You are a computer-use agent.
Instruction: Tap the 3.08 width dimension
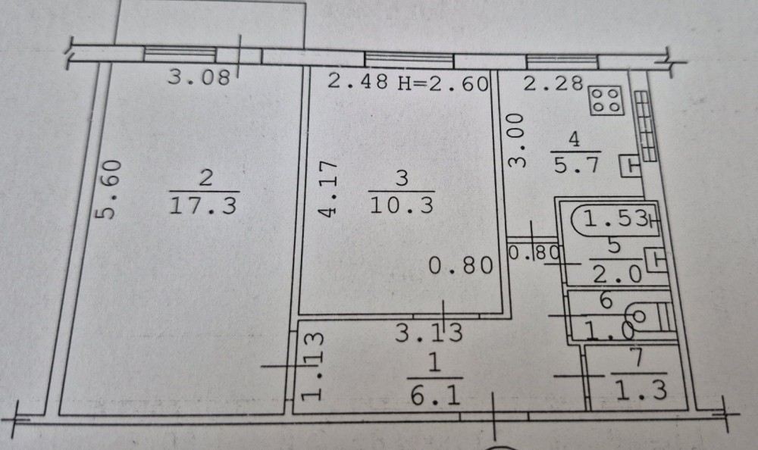tap(199, 78)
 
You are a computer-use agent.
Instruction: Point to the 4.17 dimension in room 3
tap(328, 189)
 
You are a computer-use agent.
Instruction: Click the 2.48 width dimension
tap(359, 83)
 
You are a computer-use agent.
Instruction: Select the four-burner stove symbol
tap(606, 100)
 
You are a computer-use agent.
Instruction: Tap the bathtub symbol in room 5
tap(613, 220)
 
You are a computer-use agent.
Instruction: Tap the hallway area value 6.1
tap(435, 395)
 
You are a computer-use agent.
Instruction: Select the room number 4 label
tap(574, 139)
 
